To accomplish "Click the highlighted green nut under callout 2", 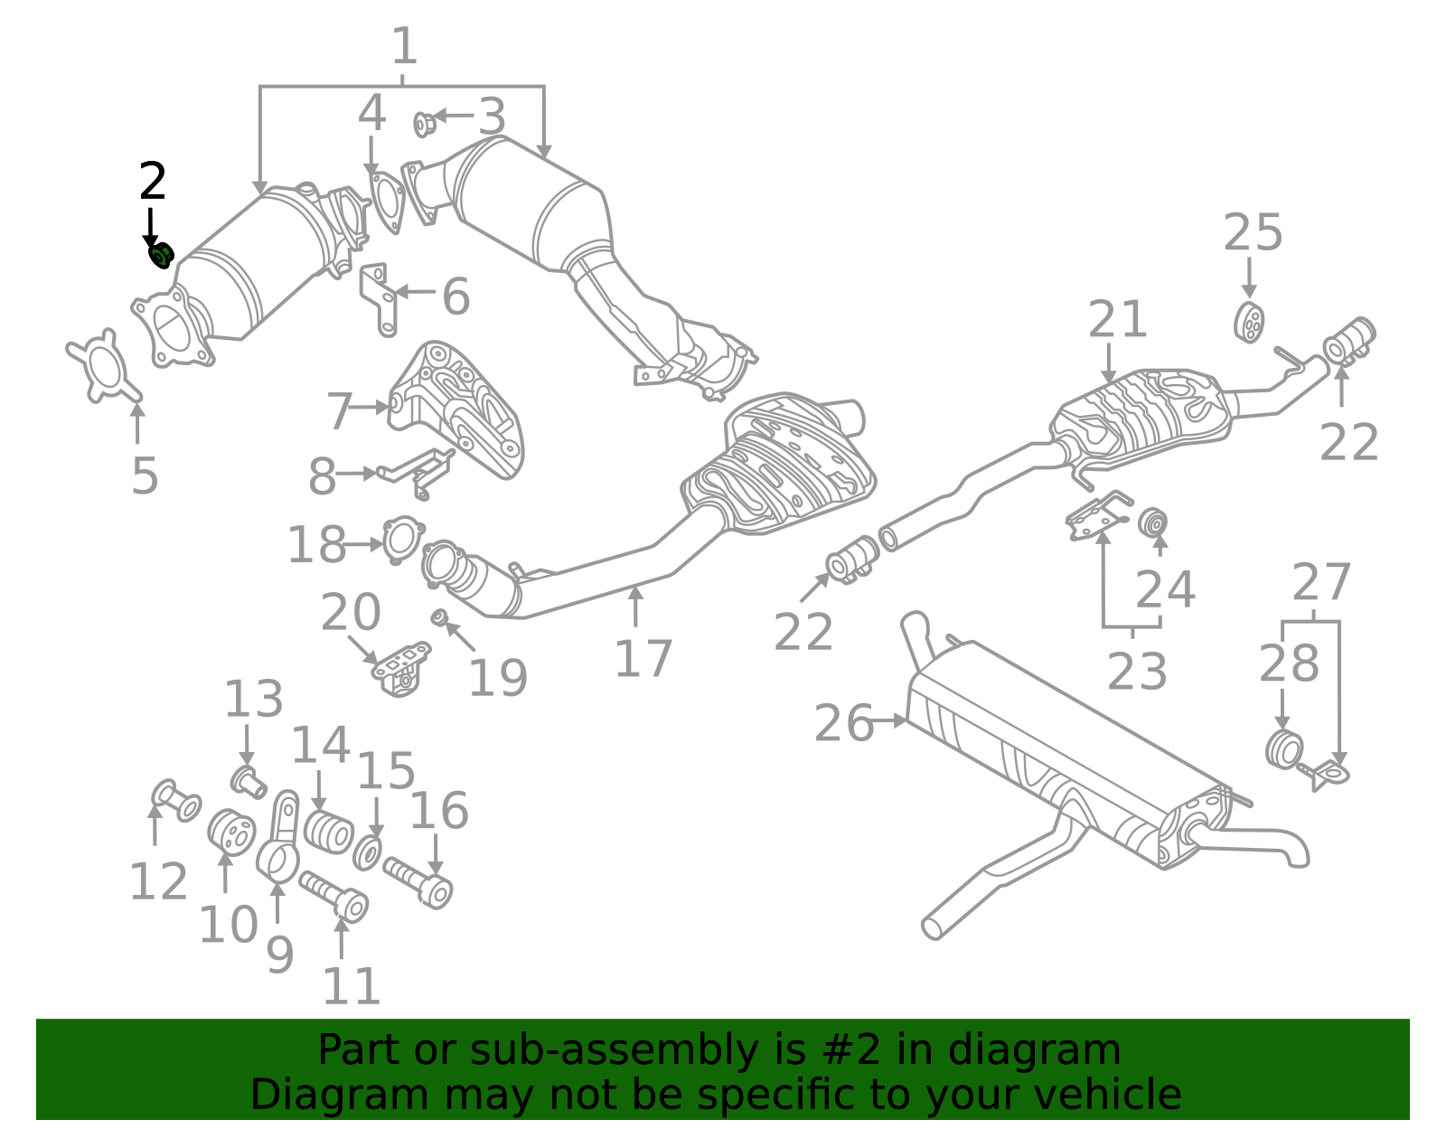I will coord(161,256).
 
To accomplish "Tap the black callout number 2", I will coord(153,182).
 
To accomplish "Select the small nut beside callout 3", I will coord(423,124).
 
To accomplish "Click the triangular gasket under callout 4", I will coord(388,202).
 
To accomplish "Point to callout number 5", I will coord(145,475).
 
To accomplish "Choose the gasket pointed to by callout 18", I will coord(402,538).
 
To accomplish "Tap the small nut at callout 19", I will coord(440,617).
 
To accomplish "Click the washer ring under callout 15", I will coord(367,852).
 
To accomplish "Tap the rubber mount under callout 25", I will coord(1249,323).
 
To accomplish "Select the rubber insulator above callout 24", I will coord(1152,522).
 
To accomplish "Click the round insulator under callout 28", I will coord(1282,749).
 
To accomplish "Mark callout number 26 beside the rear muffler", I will coord(843,723).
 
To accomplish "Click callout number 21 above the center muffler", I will coord(1117,320).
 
